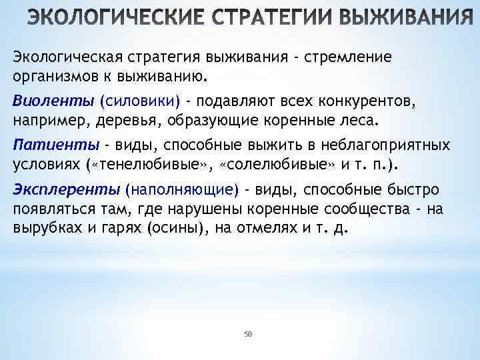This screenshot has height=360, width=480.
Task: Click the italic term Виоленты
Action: pos(53,101)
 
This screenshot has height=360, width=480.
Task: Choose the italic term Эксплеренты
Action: pos(66,190)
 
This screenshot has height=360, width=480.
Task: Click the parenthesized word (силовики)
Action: pos(139,101)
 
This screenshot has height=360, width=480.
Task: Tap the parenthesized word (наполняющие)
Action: pos(181,190)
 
